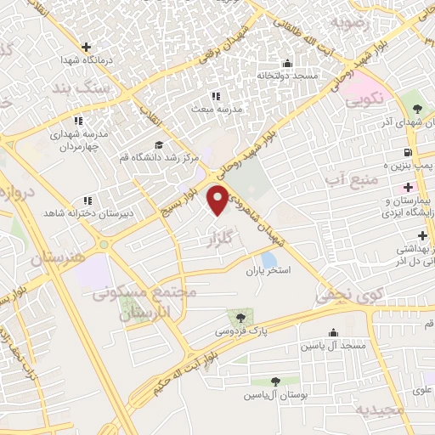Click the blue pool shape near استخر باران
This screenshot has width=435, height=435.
(268, 259)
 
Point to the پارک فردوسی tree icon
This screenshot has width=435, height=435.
(242, 318)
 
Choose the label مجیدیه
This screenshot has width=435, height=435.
(379, 410)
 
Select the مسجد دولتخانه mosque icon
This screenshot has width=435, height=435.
(287, 63)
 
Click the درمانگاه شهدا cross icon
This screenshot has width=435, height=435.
(84, 47)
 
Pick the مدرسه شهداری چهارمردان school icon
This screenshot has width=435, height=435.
(78, 121)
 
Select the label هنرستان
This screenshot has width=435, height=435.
(59, 258)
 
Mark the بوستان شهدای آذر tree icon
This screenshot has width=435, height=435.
(416, 108)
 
